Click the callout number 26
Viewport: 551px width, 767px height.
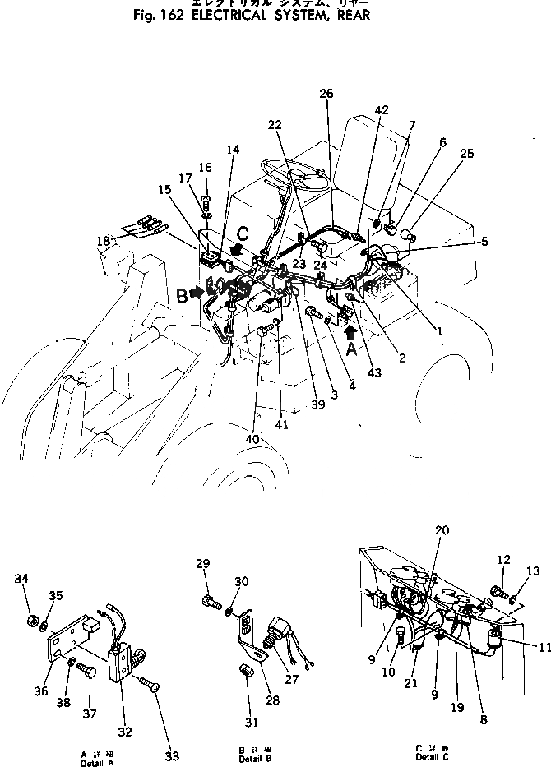coord(326,94)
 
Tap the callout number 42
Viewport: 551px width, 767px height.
coord(382,110)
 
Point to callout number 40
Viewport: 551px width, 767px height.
coord(252,440)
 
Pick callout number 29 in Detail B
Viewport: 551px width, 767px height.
coord(203,563)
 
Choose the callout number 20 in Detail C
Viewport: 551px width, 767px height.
coord(442,530)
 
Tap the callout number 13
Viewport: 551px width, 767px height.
coord(532,572)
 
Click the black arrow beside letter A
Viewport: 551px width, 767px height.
coord(351,332)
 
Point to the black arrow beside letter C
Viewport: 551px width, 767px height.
coord(237,247)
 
